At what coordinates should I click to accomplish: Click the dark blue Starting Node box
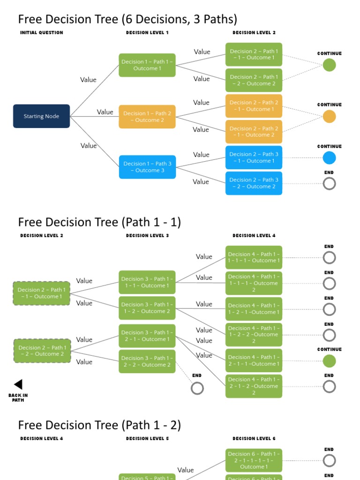point(41,116)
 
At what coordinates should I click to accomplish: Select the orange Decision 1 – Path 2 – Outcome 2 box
point(147,117)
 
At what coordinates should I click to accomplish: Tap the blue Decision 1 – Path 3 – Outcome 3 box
point(147,167)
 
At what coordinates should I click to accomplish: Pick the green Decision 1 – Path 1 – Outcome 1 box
point(147,65)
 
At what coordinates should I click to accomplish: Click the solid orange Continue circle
point(330,116)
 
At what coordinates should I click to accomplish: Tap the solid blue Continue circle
point(330,158)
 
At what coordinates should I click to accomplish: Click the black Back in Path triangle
point(18,384)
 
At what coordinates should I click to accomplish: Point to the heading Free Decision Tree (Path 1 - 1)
point(99,222)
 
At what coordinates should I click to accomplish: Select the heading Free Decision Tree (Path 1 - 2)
point(99,425)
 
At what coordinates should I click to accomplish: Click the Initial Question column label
point(42,33)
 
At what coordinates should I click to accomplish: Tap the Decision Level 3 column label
point(147,236)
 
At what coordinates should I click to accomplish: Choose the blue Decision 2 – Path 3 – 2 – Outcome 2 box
point(254,183)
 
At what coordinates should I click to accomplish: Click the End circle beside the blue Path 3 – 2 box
point(330,184)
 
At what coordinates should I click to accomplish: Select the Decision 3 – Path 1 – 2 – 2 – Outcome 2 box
point(147,361)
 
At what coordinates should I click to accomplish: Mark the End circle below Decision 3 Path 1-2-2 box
point(197,388)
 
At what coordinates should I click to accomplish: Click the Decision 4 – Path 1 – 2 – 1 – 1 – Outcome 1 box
point(254,360)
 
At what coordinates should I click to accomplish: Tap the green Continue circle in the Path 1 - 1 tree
point(330,361)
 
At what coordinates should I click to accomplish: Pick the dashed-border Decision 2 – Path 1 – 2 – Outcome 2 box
point(42,351)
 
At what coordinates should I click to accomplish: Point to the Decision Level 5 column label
point(147,439)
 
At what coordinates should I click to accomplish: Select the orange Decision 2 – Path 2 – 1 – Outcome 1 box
point(254,106)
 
